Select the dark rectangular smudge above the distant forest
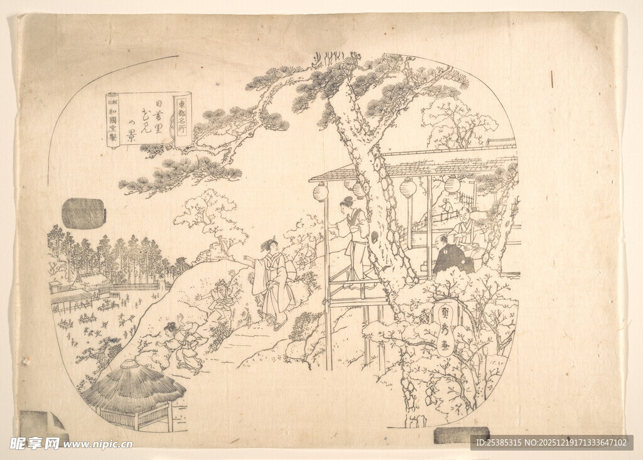[x=84, y=213]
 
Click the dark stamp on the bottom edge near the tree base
[x=461, y=435]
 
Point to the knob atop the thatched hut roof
[x=130, y=363]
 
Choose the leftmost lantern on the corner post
[x=321, y=191]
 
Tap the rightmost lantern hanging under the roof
[x=452, y=185]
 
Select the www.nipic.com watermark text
[x=97, y=444]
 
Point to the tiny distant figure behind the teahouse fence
[x=445, y=205]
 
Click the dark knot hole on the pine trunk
[x=374, y=237]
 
